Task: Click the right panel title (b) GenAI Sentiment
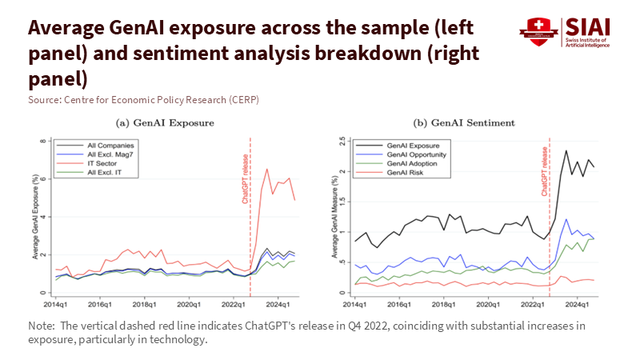(x=464, y=122)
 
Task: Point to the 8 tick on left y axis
(x=45, y=140)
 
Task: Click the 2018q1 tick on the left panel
(x=143, y=304)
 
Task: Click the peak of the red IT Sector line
(x=267, y=169)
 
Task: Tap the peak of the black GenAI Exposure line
(x=566, y=150)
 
